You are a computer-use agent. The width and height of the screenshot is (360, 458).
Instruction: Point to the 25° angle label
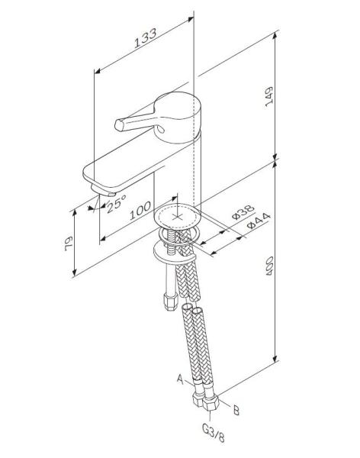(x=116, y=203)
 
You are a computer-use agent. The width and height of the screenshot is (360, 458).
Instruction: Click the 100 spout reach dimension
(x=140, y=212)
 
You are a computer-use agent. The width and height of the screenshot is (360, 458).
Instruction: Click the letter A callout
(x=180, y=377)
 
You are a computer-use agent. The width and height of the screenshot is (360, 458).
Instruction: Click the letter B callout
(x=236, y=411)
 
